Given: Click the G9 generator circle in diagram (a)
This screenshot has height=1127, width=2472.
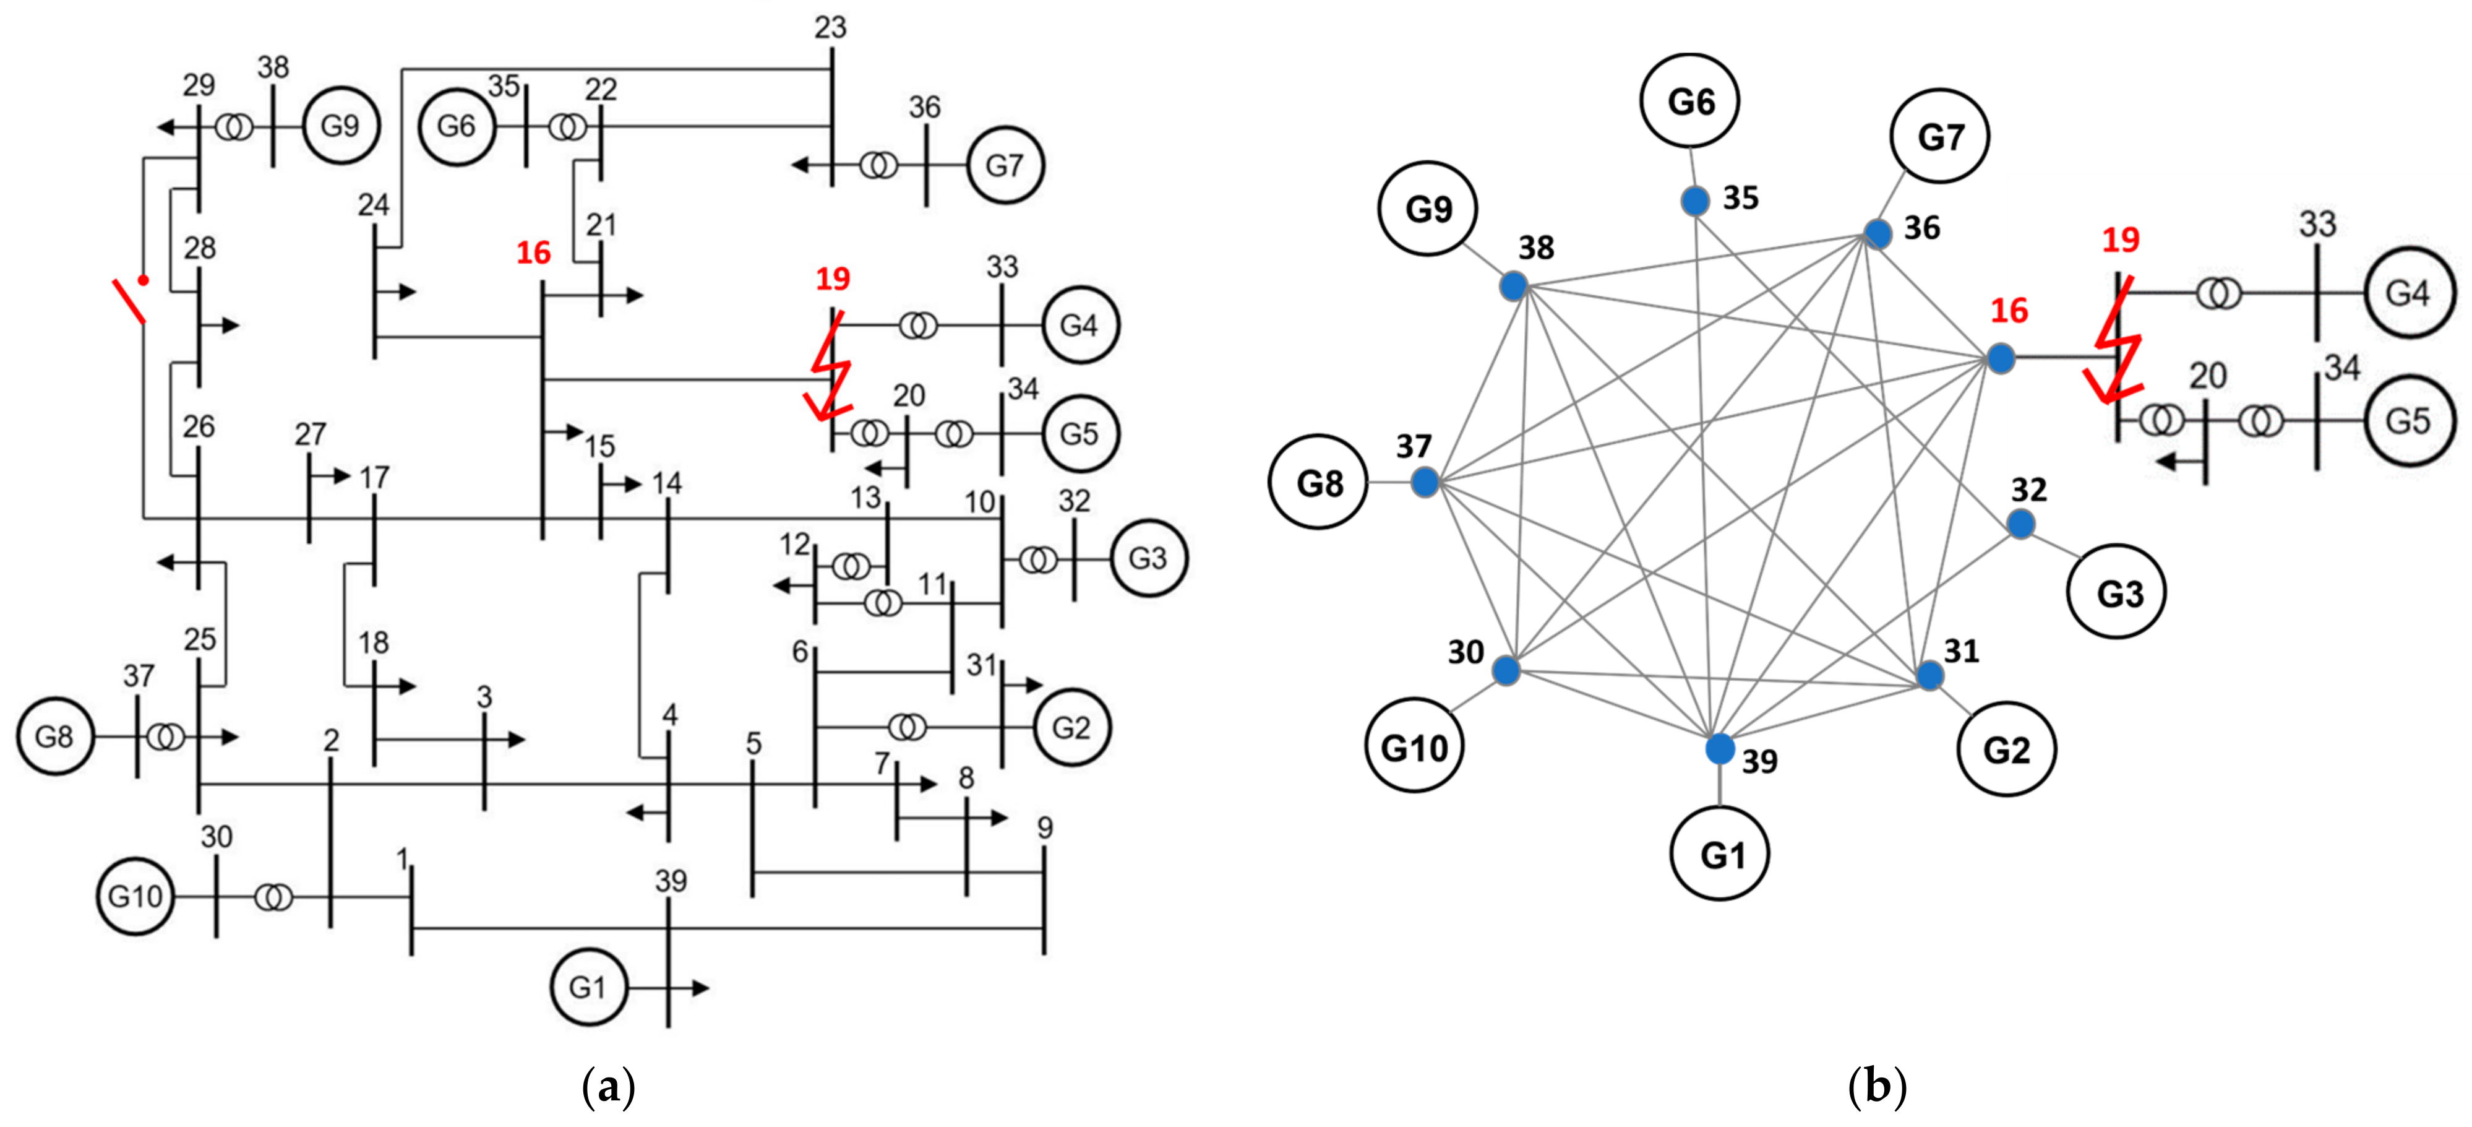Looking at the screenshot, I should tap(340, 126).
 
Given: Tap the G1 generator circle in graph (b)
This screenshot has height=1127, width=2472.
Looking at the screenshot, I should tap(1720, 853).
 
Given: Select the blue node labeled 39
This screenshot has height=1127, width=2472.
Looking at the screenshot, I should tap(1720, 749).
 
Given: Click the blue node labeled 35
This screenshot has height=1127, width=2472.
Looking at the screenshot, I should tap(1696, 202).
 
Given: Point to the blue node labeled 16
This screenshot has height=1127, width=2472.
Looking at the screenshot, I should tap(2000, 359).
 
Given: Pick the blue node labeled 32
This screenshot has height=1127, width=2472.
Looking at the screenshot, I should tap(2021, 524).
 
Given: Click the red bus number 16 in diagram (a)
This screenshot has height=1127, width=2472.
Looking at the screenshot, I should tap(533, 253).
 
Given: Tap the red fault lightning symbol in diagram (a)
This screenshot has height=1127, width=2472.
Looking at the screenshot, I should tap(831, 369).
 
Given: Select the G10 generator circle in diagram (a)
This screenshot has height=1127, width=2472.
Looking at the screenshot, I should tap(135, 897).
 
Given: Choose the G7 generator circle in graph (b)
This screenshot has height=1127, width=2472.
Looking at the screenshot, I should tap(1939, 136).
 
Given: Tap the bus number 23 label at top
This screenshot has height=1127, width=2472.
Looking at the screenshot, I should tap(830, 28).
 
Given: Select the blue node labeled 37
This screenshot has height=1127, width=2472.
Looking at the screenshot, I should tap(1425, 482).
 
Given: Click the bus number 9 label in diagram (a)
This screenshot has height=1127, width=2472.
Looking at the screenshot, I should tap(1044, 827).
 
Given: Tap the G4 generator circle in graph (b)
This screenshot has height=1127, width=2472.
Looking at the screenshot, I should tap(2407, 293).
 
